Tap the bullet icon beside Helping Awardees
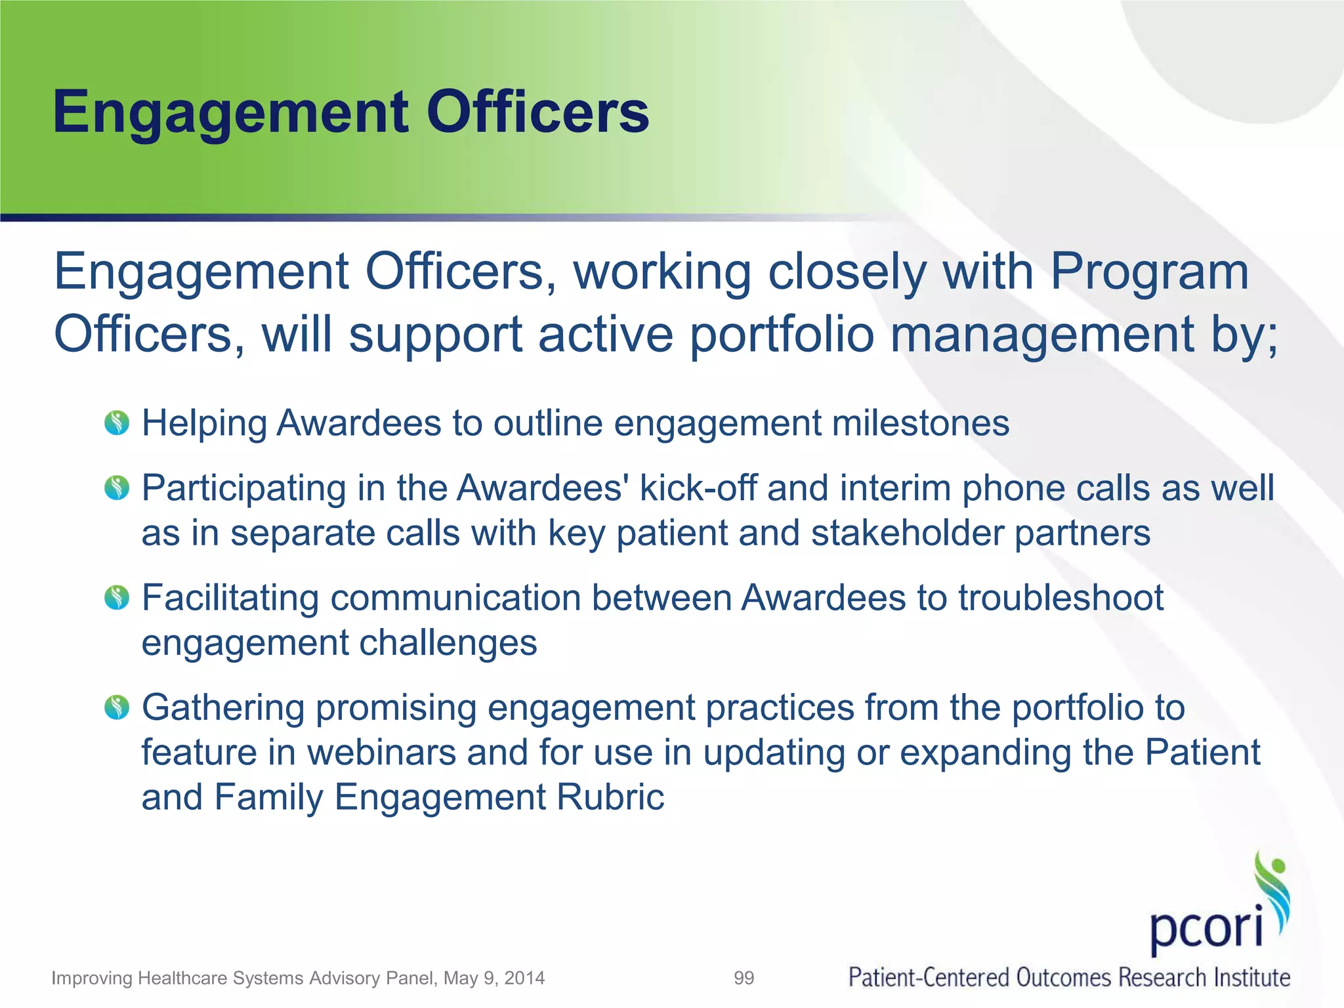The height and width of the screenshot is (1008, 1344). tap(117, 423)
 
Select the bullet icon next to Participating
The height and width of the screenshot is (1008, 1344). tap(117, 488)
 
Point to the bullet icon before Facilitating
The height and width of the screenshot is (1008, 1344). tap(117, 598)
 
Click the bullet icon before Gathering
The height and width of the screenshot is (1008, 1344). tap(117, 707)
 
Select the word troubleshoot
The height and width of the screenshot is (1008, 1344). tap(1061, 598)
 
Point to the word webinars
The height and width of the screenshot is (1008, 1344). tap(381, 752)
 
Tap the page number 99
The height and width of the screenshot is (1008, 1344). tap(744, 978)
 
